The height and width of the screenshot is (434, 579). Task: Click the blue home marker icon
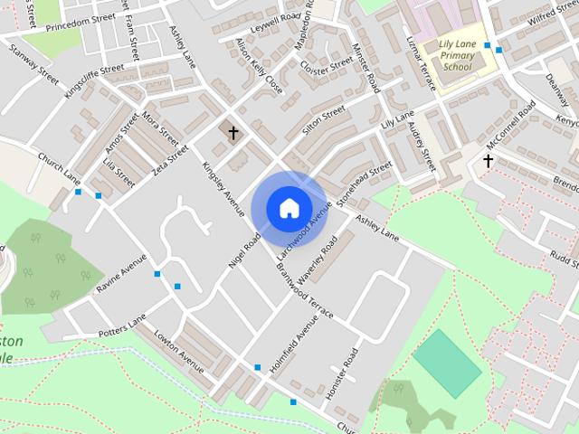[x=289, y=208]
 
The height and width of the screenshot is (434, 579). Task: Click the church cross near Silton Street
[x=233, y=134]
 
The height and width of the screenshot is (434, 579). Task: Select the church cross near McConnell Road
[x=488, y=161]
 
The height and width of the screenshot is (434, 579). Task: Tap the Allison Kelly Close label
[x=259, y=66]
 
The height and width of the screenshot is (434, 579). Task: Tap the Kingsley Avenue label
[x=223, y=187]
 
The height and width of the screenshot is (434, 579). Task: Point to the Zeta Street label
[x=170, y=157]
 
